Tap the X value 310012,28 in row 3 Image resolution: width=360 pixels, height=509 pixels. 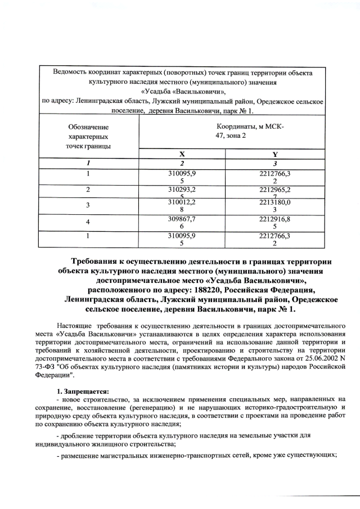(182, 205)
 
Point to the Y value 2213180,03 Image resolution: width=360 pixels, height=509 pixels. (274, 205)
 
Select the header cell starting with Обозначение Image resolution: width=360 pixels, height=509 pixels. (88, 137)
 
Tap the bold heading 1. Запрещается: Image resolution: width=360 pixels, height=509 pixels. (83, 391)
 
